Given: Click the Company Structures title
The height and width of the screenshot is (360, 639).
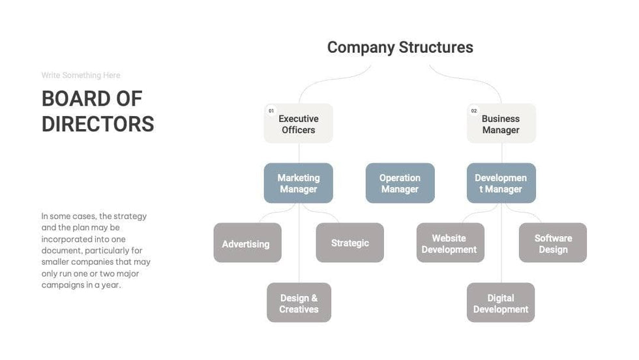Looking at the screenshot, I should tap(400, 48).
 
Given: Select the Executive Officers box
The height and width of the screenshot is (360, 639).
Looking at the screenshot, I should tap(299, 124).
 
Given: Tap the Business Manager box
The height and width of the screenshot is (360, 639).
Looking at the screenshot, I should tap(501, 124).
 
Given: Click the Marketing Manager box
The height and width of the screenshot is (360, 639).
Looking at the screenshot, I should tap(299, 183).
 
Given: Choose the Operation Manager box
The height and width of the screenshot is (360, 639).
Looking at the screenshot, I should tap(400, 183).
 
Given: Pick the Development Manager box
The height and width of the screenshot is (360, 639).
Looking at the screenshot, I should tap(501, 183).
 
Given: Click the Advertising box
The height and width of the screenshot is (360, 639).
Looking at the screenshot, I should tap(247, 243).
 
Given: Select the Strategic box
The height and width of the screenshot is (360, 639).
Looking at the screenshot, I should tap(349, 243).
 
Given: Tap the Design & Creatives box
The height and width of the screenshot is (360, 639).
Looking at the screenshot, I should tap(299, 303).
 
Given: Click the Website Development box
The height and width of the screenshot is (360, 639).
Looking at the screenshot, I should tap(450, 243).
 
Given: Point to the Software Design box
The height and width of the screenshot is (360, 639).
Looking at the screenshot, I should tap(553, 243).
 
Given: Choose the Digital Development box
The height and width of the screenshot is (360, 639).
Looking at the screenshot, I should tap(501, 303).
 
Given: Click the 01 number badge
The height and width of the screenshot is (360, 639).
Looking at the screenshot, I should tap(271, 111).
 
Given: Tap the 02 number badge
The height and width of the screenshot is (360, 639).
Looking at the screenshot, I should tap(474, 111).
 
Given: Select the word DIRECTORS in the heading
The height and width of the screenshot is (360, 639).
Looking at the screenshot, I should tap(98, 124).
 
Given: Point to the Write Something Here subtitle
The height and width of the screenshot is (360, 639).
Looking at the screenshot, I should tap(81, 76).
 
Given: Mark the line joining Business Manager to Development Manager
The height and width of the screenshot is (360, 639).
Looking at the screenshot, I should tap(501, 153).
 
